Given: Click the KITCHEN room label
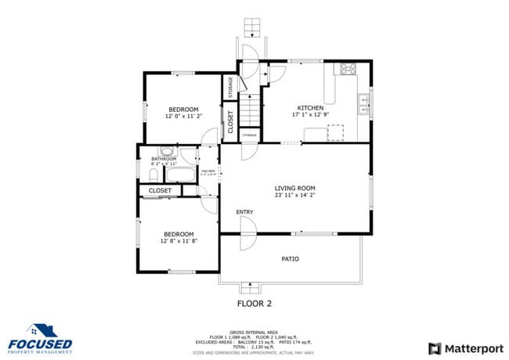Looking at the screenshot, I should coord(310,108).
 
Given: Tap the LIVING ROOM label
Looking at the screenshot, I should coord(294,188).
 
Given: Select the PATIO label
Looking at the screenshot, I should coord(290,258).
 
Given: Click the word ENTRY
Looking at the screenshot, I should coord(244,212).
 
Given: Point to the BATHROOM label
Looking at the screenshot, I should coord(164,159).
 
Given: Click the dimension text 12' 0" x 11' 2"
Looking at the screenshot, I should coord(183,116).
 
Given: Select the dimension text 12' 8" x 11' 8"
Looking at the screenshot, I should coord(179,241).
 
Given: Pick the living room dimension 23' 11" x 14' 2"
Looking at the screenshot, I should coord(294,196).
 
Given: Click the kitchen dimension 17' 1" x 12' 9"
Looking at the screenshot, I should coord(310,116).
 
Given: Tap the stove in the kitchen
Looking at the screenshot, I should coord(347,69).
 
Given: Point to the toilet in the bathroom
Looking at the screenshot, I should coord(167,151).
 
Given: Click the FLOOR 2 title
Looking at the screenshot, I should coord(254,303).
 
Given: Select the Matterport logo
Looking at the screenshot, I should coord(465,348).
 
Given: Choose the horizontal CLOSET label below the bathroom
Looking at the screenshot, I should coord(160,190).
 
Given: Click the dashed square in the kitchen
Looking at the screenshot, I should coord(335,131).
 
